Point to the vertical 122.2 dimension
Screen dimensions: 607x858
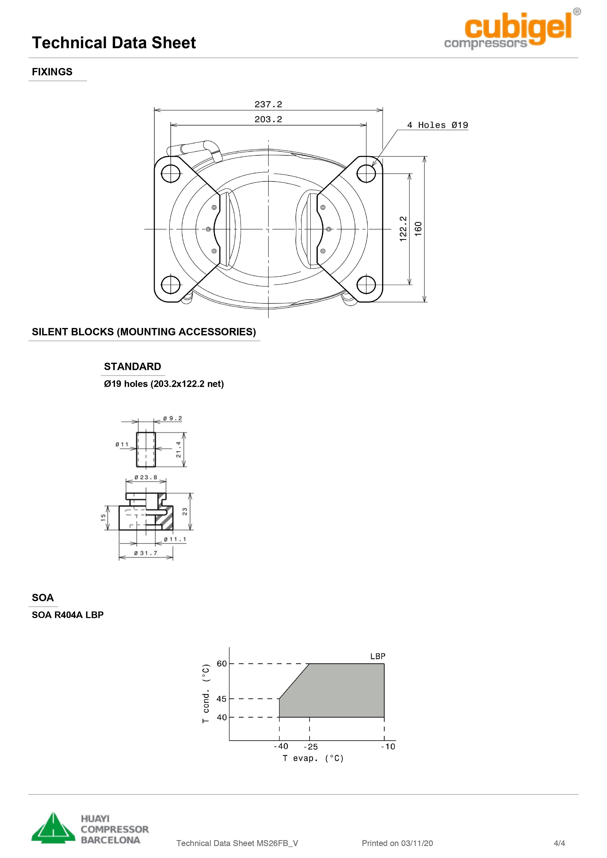point(403,229)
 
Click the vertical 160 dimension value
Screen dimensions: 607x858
point(418,229)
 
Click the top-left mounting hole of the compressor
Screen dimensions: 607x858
point(171,173)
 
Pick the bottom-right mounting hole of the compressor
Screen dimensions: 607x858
point(366,285)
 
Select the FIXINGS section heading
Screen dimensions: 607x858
point(52,72)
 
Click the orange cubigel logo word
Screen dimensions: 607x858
point(518,28)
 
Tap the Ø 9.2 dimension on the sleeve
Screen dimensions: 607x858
point(173,418)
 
